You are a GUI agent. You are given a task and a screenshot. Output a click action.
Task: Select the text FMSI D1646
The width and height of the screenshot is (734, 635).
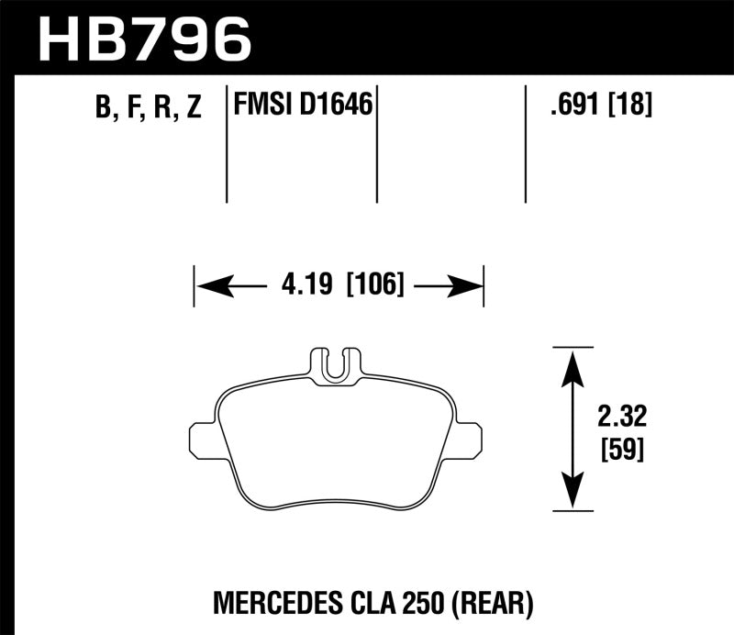point(304,106)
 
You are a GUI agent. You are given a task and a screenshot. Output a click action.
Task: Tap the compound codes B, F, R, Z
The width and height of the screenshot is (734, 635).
point(147,108)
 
